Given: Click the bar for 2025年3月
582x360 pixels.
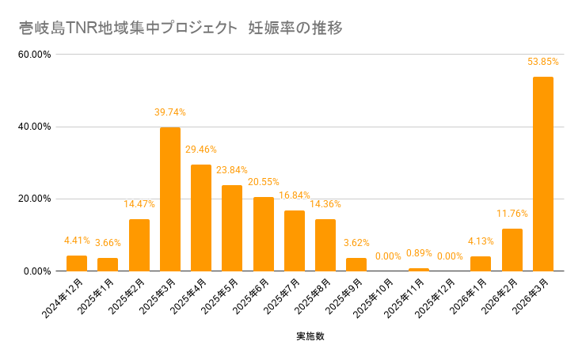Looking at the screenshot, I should (170, 199).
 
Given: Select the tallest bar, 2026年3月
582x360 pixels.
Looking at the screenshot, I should (543, 174).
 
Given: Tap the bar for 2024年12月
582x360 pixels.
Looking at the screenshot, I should (77, 263).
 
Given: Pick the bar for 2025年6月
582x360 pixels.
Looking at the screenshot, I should (264, 234).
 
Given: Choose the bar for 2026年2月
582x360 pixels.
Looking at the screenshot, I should (512, 250).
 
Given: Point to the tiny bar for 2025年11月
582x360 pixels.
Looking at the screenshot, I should (419, 270).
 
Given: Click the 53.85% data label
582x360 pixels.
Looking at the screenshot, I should (543, 61).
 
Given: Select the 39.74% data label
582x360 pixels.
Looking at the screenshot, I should (170, 112).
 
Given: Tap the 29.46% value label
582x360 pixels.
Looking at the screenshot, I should (201, 149).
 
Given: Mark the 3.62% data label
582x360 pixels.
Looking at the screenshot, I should (356, 242).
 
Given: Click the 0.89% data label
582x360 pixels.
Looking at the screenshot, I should (419, 252).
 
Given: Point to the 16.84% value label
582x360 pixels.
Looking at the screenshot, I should (295, 195).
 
